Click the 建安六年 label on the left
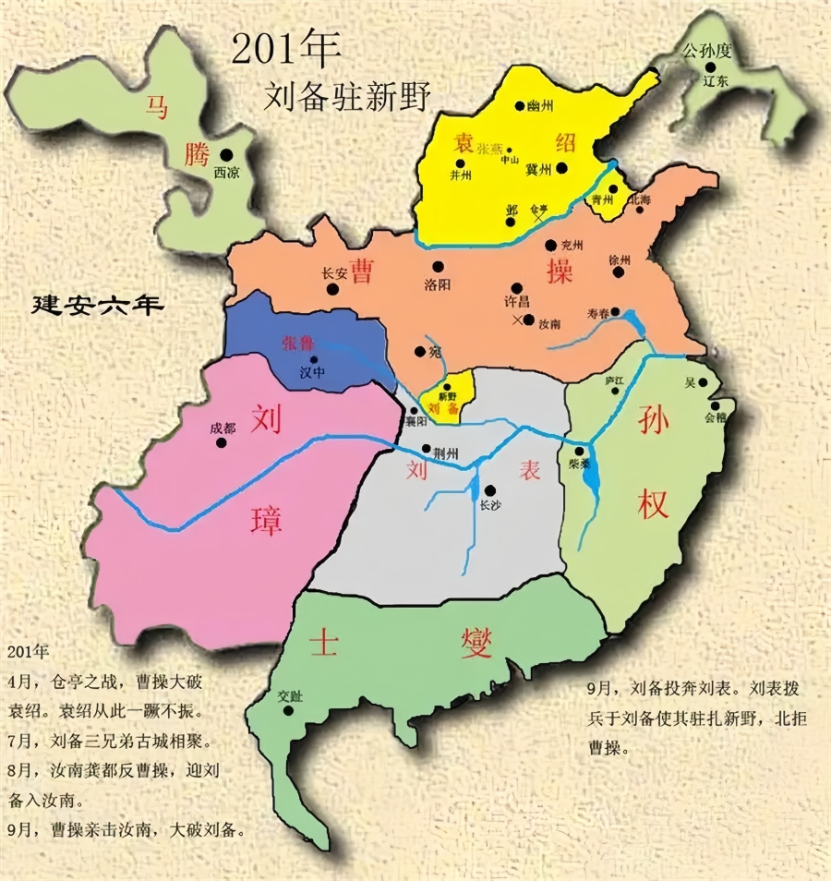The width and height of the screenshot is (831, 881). tap(97, 306)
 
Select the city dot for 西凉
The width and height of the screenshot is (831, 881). tap(225, 155)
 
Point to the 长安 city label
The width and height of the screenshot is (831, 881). tap(334, 273)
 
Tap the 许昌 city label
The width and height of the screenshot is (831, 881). tap(517, 303)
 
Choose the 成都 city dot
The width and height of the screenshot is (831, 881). tap(221, 442)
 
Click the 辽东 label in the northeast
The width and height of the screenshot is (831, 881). tap(716, 81)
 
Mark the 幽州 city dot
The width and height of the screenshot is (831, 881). tap(519, 106)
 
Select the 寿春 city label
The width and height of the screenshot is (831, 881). tap(598, 314)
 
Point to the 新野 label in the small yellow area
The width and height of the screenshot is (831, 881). tap(448, 396)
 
